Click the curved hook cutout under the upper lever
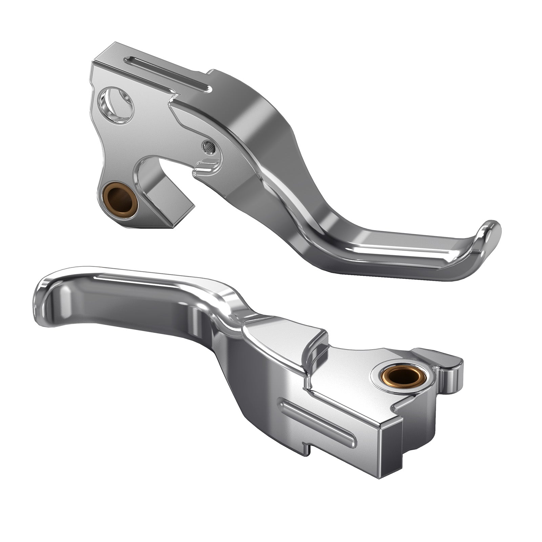[152, 166]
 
